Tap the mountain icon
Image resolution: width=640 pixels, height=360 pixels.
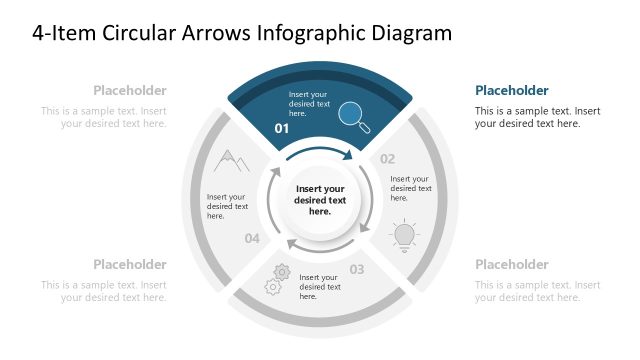[231, 160]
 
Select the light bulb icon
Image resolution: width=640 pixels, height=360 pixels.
[403, 234]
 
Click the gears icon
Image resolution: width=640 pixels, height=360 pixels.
[276, 279]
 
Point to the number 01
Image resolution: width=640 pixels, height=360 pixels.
[282, 130]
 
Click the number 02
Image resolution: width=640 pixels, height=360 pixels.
[387, 158]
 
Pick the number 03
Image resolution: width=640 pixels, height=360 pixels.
[356, 269]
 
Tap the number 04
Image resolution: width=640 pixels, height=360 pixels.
[252, 238]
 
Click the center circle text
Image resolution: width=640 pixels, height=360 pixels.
[320, 200]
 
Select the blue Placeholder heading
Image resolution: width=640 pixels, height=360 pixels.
[511, 90]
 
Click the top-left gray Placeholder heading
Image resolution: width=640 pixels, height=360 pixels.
[130, 90]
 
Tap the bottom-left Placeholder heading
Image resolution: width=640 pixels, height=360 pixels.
[130, 264]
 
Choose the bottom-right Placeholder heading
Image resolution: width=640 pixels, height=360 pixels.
[511, 264]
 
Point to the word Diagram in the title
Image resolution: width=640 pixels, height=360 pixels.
[407, 33]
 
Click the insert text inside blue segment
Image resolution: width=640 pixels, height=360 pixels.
[309, 104]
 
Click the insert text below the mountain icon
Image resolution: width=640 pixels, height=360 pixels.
[226, 206]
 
